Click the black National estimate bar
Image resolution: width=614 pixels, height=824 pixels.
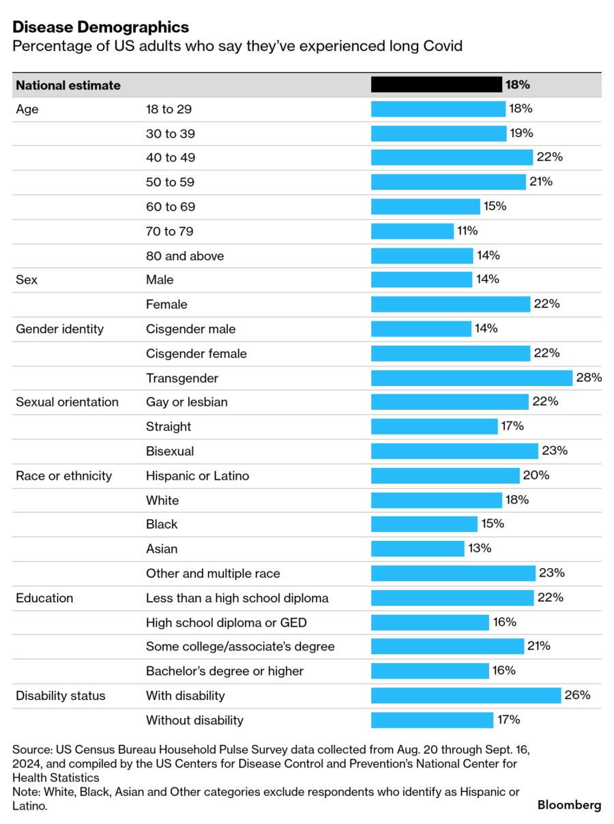point(436,85)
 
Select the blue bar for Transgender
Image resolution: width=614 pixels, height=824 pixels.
point(471,378)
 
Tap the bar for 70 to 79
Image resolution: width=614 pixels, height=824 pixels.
point(412,231)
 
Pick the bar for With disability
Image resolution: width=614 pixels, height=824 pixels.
point(465,696)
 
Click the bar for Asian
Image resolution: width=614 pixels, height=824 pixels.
point(418,548)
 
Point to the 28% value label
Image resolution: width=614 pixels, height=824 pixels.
point(589,377)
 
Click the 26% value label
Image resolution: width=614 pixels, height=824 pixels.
point(577,695)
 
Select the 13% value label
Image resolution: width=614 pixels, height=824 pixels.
point(480,548)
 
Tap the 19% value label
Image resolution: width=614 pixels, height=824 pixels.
point(521,133)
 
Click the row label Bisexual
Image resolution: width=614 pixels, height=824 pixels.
point(170,451)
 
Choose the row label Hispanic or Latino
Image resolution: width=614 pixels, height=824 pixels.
point(197,475)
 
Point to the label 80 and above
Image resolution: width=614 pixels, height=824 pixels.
point(185,256)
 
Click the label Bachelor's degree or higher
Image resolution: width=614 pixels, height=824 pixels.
point(224,671)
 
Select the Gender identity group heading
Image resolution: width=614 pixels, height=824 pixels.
point(60,329)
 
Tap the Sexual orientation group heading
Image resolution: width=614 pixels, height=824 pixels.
point(67,402)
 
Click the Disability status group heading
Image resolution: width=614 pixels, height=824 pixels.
point(61,696)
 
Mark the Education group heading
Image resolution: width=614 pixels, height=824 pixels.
point(44,598)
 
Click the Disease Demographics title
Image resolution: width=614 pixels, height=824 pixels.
point(100,27)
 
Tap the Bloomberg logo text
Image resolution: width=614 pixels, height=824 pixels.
point(569,805)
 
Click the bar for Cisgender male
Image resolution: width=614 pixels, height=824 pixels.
point(421,329)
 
